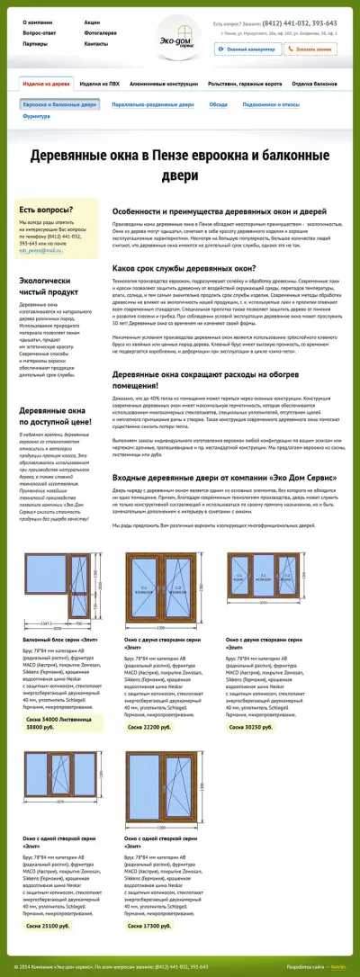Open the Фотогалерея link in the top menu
coord(100,32)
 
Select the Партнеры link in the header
coord(35,43)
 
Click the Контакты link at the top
coord(95,43)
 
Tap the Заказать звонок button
coord(312,49)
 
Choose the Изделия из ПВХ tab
coord(99,83)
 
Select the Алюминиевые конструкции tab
coord(163,83)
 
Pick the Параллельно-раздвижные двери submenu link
coord(155,104)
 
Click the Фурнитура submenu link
coord(37,116)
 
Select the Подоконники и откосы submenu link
coord(271,104)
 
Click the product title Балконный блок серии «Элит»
coord(56,663)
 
